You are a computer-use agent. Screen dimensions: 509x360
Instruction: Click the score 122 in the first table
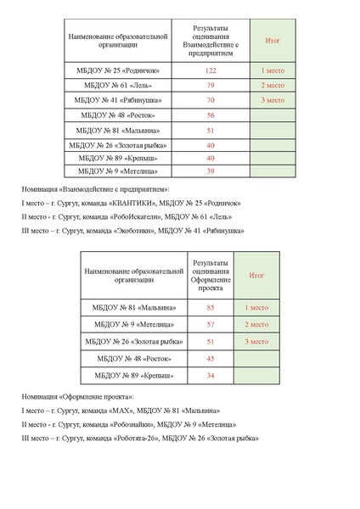point(210,70)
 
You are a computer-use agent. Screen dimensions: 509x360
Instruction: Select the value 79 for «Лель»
point(210,86)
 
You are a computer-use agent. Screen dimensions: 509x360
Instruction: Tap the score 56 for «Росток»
point(210,115)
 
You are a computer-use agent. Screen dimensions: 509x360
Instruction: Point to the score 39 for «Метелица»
point(210,171)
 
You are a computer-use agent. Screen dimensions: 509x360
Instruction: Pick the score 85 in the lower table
point(210,307)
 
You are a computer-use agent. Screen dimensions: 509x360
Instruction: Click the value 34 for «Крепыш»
point(210,375)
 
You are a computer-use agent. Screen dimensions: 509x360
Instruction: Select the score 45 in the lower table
point(210,358)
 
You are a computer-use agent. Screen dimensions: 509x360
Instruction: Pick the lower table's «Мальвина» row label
point(136,307)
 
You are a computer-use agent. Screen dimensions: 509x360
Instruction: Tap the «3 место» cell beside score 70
point(273,100)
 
